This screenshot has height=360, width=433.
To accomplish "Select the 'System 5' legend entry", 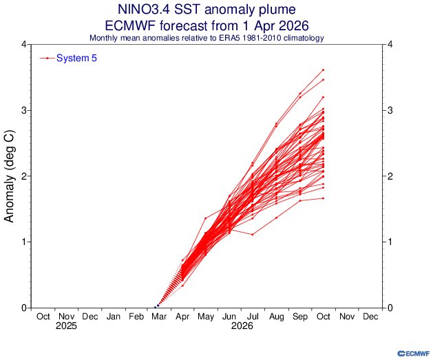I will pyautogui.click(x=76, y=59).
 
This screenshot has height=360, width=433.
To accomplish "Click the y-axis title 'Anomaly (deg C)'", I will pyautogui.click(x=10, y=176).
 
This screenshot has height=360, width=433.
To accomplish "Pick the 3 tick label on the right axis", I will pyautogui.click(x=390, y=110).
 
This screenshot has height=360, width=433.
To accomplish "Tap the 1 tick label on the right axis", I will pyautogui.click(x=390, y=242).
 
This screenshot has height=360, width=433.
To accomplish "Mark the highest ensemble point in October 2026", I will pyautogui.click(x=323, y=70).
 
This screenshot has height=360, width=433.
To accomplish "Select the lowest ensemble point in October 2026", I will pyautogui.click(x=323, y=198).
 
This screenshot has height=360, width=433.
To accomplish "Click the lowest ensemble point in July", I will pyautogui.click(x=253, y=235).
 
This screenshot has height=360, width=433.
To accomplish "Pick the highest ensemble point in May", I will pyautogui.click(x=206, y=218).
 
